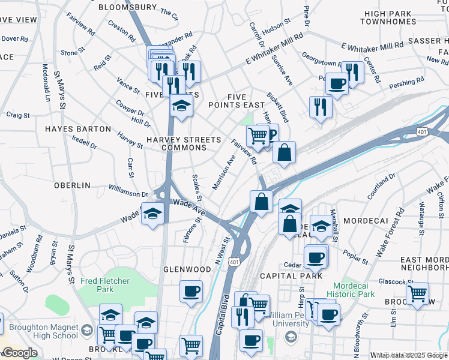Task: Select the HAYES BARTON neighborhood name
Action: (77, 129)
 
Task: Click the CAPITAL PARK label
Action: (291, 276)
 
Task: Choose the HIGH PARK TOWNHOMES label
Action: (389, 17)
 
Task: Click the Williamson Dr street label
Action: (128, 194)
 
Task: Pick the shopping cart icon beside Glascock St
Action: (417, 293)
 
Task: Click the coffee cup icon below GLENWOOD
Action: (191, 292)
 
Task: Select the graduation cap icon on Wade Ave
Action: (152, 214)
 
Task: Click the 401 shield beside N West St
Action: (235, 262)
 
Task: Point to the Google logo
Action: (20, 353)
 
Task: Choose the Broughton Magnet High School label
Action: (39, 331)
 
